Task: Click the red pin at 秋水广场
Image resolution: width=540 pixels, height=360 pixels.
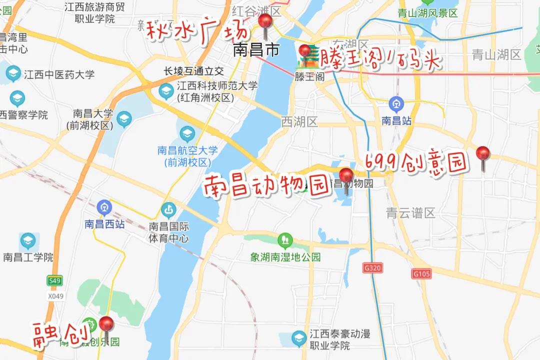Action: point(265,22)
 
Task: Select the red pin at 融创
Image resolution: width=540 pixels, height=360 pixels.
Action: point(106,324)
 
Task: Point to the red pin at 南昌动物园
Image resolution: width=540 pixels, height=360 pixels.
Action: point(346,176)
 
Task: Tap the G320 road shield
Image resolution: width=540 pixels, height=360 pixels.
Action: point(372,268)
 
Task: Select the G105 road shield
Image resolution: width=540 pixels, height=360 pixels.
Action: point(422,274)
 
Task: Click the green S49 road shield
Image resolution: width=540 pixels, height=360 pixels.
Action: point(54,281)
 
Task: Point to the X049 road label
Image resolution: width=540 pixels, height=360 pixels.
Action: point(56,296)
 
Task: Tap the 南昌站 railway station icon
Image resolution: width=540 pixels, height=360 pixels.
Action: point(396,104)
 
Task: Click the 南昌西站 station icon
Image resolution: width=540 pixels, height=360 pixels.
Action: point(104,206)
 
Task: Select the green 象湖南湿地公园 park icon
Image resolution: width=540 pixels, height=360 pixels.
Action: point(285,240)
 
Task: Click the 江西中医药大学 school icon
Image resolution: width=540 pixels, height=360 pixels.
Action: point(13,74)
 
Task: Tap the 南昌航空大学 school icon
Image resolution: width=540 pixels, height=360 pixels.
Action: point(187,133)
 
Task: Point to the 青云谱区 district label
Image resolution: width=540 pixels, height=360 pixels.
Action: point(411,213)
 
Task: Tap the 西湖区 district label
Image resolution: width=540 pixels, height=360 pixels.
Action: point(299,121)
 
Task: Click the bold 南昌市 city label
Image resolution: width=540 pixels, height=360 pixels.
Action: point(256,50)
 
